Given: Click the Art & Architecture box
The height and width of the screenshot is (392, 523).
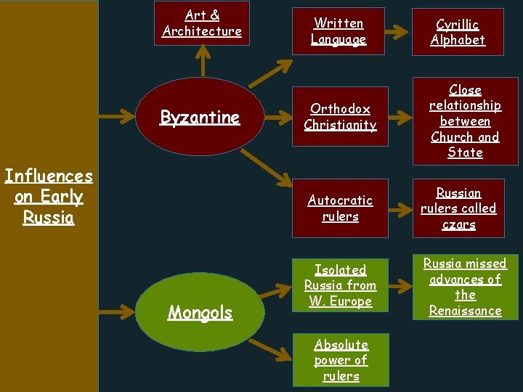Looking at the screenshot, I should click(202, 23).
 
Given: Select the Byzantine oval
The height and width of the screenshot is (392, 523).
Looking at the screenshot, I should click(200, 117).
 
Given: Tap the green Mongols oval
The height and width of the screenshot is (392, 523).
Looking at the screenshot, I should click(200, 312).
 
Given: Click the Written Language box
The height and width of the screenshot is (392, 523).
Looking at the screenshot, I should click(338, 31).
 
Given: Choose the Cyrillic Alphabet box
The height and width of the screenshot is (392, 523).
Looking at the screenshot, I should click(458, 31).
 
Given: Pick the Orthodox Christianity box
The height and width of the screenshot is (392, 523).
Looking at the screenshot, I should click(340, 117).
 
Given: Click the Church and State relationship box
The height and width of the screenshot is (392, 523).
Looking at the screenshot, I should click(465, 121).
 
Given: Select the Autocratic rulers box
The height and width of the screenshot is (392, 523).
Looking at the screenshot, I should click(340, 208).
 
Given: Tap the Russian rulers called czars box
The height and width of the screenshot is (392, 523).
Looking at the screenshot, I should click(458, 208).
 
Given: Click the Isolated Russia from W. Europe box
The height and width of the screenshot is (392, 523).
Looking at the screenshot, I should click(340, 285).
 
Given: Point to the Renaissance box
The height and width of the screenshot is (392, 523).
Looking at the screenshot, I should click(465, 287).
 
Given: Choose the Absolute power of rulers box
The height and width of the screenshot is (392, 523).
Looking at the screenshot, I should click(341, 360).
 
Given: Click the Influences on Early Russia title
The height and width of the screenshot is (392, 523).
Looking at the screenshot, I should click(49, 197).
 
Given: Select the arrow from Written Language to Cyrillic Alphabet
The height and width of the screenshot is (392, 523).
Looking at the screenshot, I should click(395, 32).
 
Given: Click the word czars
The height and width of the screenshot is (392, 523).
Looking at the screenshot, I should click(458, 224).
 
